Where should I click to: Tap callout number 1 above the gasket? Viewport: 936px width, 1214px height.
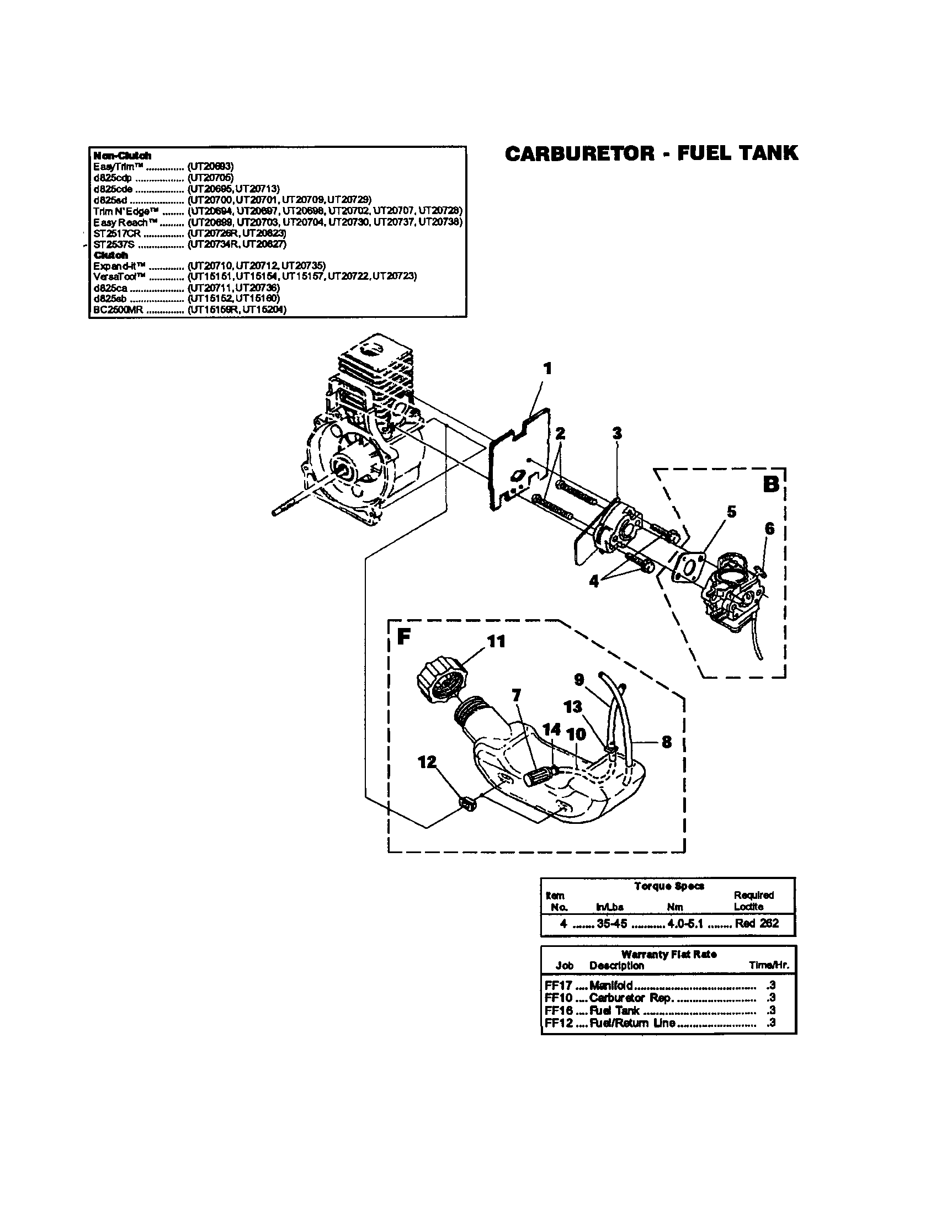[x=547, y=369]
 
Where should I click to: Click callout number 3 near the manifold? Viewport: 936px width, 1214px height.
[x=617, y=433]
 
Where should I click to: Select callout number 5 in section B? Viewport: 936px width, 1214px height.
[x=731, y=512]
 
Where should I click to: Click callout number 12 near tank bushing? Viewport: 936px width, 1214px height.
[x=427, y=762]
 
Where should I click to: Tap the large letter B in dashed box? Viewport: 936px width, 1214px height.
[x=770, y=483]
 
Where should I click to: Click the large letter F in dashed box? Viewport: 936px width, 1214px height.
[x=403, y=637]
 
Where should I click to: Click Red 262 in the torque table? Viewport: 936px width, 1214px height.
[x=757, y=923]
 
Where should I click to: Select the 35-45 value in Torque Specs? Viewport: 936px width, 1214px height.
[x=611, y=923]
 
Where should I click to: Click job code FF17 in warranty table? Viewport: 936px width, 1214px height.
[x=559, y=986]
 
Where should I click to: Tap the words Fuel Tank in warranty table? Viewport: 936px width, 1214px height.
[x=614, y=1010]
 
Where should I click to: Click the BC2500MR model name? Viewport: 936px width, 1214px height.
[x=119, y=310]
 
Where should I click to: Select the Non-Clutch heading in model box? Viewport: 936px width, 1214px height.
[x=123, y=156]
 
